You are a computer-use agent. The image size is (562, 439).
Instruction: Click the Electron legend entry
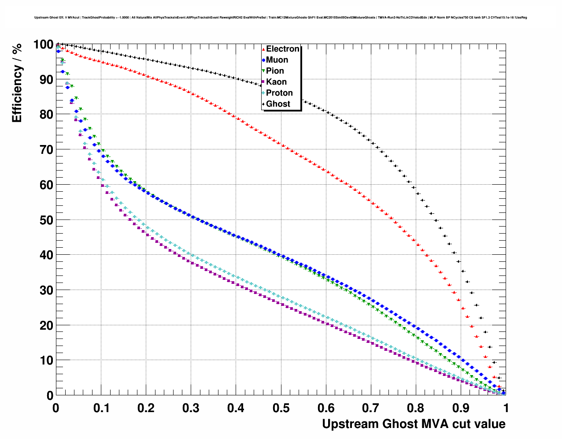[x=282, y=49]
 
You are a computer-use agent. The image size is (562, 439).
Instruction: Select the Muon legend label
[x=277, y=60]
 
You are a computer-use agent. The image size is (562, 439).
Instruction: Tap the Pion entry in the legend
[x=275, y=71]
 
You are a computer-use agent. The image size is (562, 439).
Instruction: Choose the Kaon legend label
[x=276, y=82]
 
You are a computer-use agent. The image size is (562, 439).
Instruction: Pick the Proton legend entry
[x=279, y=93]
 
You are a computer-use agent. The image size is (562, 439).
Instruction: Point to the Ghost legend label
[x=278, y=104]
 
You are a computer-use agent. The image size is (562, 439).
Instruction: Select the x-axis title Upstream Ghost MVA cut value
[x=414, y=424]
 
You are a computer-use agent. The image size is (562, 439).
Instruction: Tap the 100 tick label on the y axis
[x=43, y=45]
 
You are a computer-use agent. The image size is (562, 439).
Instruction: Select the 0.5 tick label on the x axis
[x=281, y=408]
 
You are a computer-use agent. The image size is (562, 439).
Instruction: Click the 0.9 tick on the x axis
[x=461, y=408]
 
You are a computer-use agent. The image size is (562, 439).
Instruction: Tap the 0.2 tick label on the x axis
[x=146, y=408]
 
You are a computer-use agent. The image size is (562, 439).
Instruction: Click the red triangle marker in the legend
[x=263, y=49]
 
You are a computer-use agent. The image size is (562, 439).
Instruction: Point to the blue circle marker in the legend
[x=263, y=60]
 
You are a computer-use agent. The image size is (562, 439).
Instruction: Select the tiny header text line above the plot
[x=281, y=18]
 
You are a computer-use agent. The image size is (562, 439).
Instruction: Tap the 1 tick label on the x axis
[x=506, y=408]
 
